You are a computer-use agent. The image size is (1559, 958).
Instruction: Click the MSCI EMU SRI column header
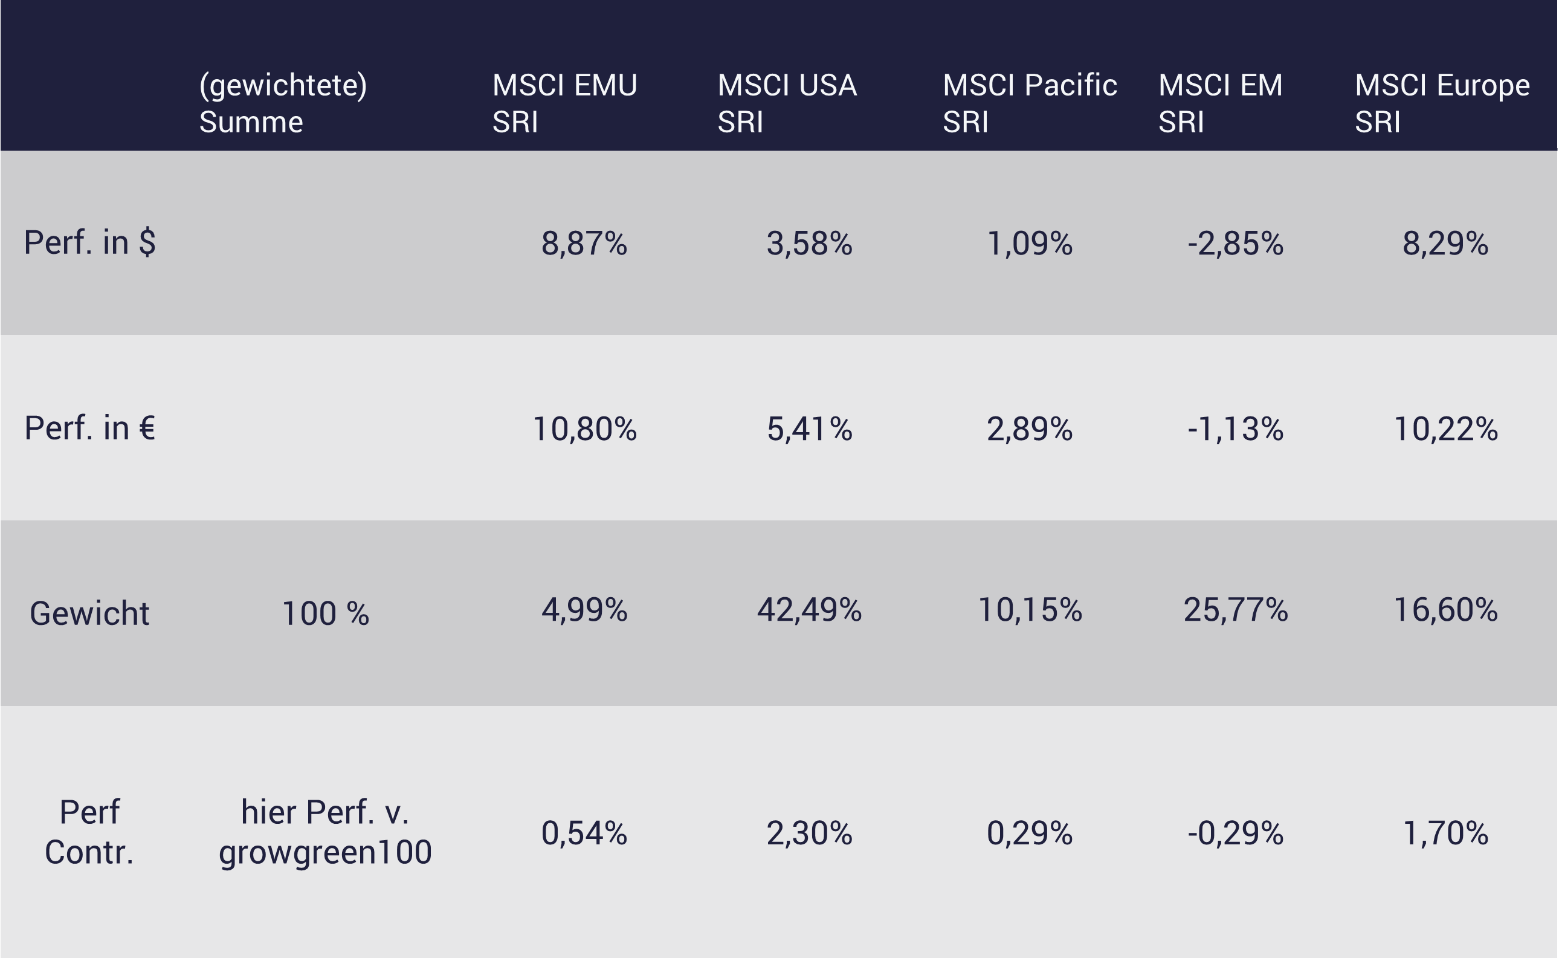[x=564, y=103]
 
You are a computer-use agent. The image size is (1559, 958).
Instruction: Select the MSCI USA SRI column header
[x=787, y=103]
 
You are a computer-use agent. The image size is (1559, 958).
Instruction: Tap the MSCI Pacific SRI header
[x=1030, y=103]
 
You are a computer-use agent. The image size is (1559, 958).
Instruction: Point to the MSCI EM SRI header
[x=1220, y=103]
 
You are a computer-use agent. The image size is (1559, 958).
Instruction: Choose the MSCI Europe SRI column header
[x=1442, y=103]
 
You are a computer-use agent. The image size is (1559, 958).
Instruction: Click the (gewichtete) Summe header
[x=283, y=103]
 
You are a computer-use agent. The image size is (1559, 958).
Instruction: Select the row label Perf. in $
[x=90, y=242]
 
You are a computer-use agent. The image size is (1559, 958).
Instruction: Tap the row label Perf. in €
[x=90, y=429]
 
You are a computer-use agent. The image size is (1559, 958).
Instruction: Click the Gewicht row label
[x=89, y=613]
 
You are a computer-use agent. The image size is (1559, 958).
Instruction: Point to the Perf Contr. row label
[x=89, y=832]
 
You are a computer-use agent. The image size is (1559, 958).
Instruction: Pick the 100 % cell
[x=325, y=613]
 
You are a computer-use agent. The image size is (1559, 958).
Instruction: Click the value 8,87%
[x=584, y=244]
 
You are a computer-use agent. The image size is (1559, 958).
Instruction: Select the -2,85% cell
[x=1235, y=244]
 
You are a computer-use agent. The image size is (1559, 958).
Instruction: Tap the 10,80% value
[x=584, y=429]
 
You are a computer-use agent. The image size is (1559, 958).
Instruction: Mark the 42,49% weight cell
[x=809, y=610]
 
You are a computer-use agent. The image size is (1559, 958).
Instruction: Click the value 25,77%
[x=1235, y=610]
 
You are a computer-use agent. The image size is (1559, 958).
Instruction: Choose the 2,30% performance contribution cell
[x=809, y=832]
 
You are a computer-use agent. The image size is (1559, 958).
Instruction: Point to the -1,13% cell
[x=1235, y=429]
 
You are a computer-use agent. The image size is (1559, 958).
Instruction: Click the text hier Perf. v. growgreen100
[x=325, y=832]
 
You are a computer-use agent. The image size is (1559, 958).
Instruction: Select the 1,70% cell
[x=1445, y=832]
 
